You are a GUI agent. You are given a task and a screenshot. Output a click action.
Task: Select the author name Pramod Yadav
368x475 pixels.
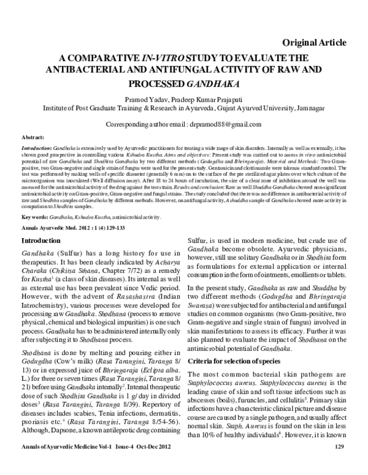click(157, 99)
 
